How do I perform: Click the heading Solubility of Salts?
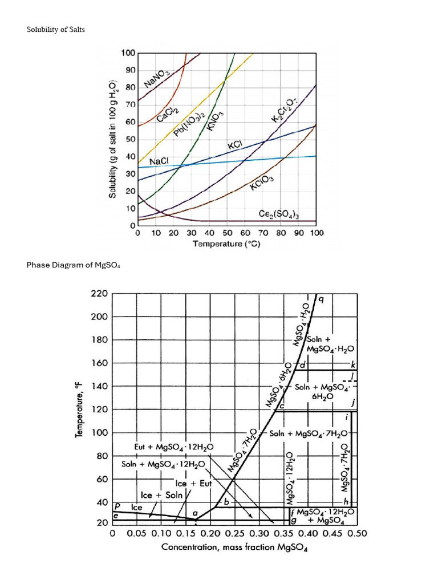(56, 29)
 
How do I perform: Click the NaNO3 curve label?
(157, 76)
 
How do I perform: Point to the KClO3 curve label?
(262, 184)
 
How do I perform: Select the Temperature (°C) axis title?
(226, 244)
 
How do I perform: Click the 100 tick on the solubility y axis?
(128, 53)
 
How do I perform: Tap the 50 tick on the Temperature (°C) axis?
(226, 233)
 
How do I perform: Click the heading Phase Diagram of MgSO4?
(74, 265)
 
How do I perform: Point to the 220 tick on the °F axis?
(99, 294)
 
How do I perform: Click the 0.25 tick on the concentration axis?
(234, 534)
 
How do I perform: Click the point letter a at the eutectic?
(196, 513)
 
